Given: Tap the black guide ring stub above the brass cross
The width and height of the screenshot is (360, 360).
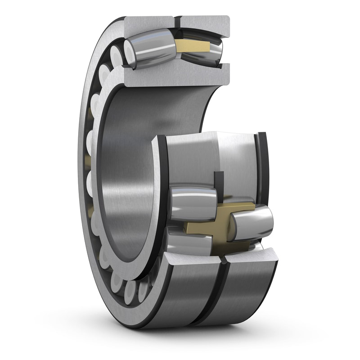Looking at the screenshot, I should coord(219,184).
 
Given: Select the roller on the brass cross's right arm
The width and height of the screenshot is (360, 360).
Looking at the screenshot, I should coord(252,222).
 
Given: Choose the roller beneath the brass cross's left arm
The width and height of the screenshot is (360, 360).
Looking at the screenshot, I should coord(189,243).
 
